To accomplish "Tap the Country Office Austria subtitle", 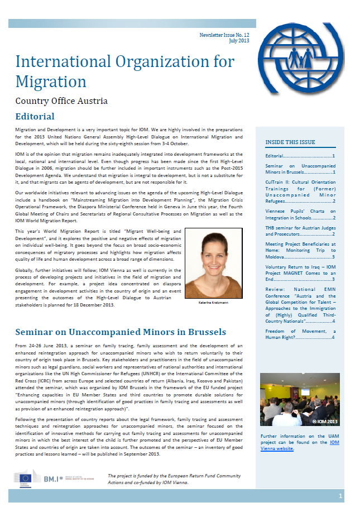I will [61, 101].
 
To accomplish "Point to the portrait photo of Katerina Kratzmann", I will [213, 263].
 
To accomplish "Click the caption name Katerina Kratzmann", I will [213, 302].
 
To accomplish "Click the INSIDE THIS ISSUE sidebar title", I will [290, 142].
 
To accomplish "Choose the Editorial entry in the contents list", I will [300, 156].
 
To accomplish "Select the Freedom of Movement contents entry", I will [300, 334].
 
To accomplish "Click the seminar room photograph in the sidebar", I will [300, 399].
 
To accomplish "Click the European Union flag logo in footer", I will [25, 477].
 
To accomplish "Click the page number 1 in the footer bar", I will [340, 496].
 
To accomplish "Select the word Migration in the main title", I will [51, 82].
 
